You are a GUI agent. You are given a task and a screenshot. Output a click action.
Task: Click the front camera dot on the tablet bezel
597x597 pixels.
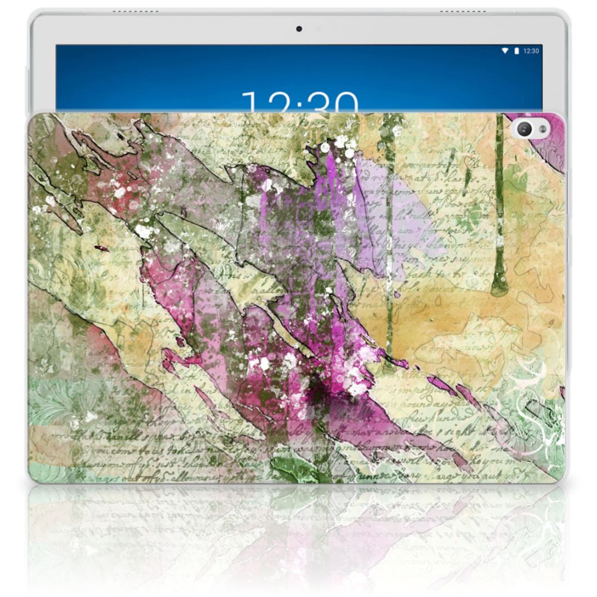tap(298, 28)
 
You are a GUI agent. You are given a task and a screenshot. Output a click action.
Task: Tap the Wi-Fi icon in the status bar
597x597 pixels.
tap(505, 51)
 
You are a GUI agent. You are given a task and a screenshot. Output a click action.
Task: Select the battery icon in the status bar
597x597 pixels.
tap(516, 51)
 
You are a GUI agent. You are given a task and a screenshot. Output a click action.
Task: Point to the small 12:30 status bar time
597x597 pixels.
tap(531, 51)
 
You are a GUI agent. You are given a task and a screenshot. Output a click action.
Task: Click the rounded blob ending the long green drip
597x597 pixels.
tap(497, 290)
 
